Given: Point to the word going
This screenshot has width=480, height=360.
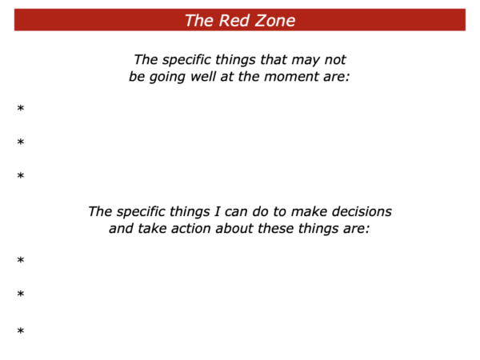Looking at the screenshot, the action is (x=167, y=77).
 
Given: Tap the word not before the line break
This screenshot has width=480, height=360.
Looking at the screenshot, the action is (x=335, y=60).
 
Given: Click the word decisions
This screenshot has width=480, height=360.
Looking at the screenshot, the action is (x=362, y=211).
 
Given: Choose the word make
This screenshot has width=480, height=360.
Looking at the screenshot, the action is (x=309, y=211).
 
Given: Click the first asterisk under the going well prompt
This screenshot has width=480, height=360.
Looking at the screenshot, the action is (x=21, y=108).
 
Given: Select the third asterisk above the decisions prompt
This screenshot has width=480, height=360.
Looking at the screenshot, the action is (x=21, y=176).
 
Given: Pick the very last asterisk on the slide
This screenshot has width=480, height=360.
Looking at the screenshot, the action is (x=21, y=331).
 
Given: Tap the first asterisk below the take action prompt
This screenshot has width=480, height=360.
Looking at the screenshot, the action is (x=21, y=260).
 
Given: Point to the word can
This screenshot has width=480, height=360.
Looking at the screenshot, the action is (x=236, y=212).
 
